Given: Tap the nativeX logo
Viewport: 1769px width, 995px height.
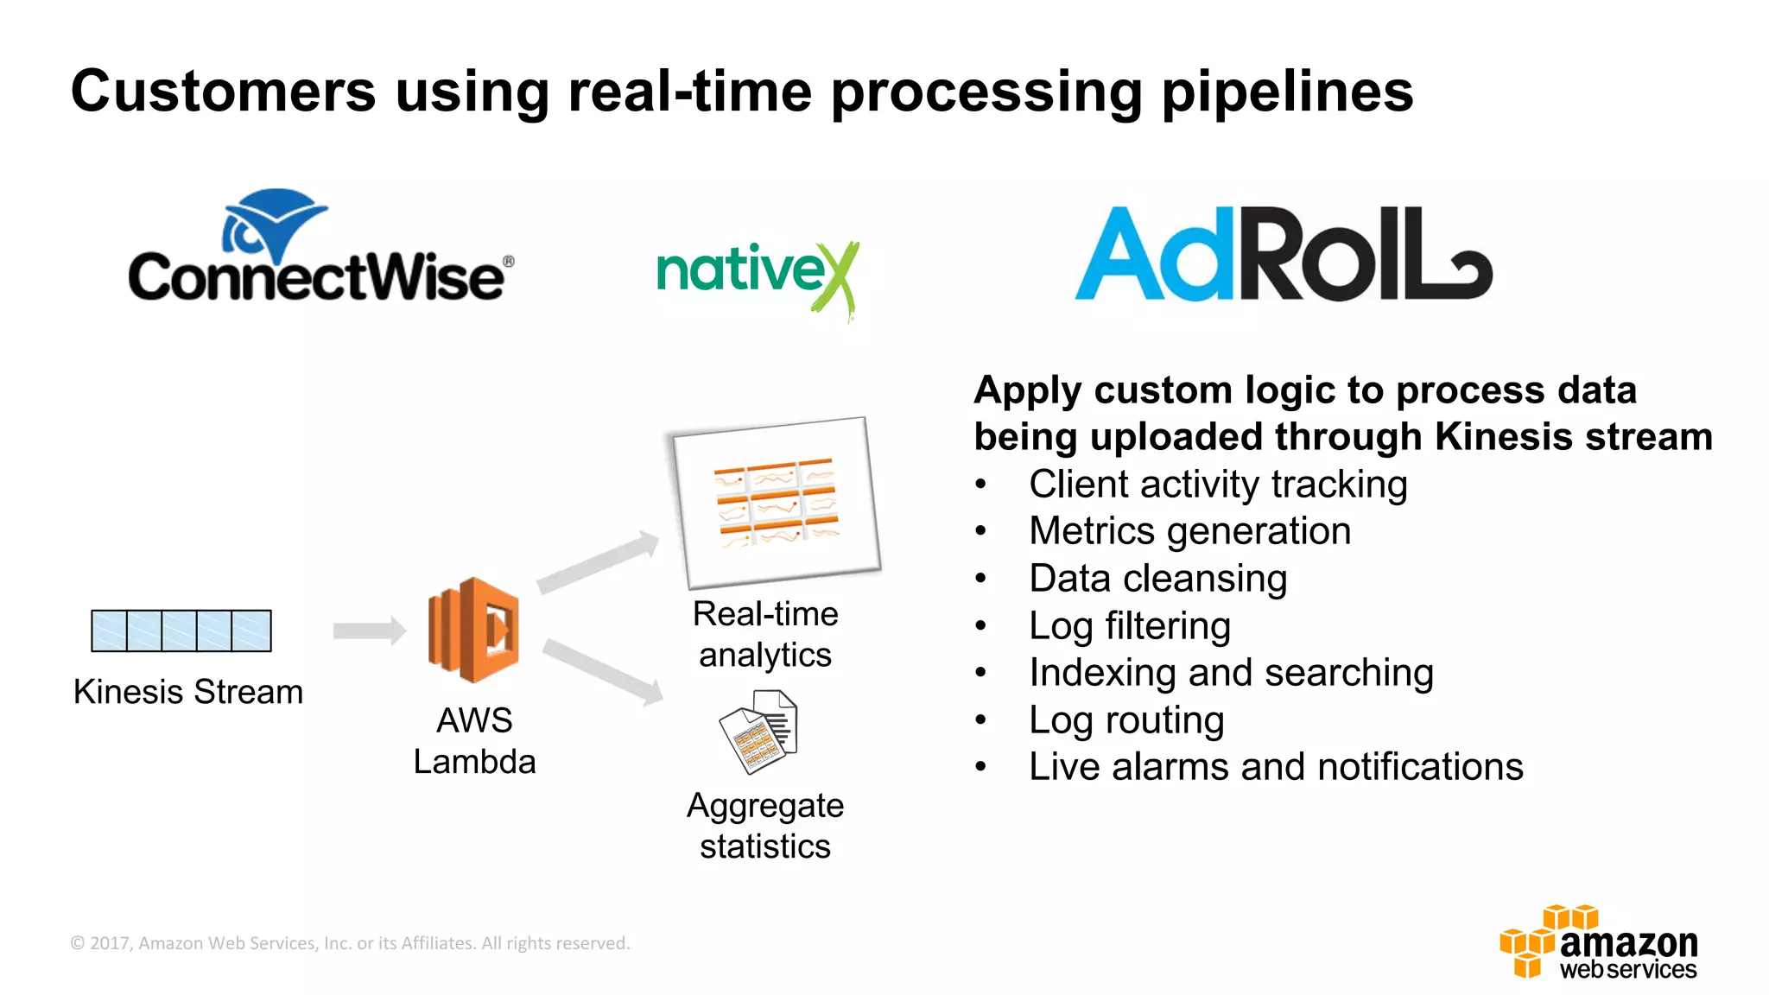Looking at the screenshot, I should [x=756, y=275].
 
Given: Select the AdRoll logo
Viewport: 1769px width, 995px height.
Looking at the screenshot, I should [x=1283, y=255].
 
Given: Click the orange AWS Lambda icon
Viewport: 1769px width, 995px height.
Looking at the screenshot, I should [x=473, y=630].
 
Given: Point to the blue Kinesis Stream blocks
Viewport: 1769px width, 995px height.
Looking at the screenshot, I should [x=181, y=631].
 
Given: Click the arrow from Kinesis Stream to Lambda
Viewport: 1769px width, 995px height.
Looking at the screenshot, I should [x=369, y=631].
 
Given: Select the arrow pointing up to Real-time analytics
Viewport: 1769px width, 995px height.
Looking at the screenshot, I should [x=598, y=562].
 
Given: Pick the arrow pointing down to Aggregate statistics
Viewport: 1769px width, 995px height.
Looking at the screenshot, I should [x=603, y=671].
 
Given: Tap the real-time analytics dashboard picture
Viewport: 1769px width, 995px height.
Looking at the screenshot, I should [x=777, y=502].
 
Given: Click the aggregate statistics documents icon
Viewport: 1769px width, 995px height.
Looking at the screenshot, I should [x=758, y=731].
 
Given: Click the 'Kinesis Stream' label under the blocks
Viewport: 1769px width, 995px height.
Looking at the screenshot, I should [x=188, y=692].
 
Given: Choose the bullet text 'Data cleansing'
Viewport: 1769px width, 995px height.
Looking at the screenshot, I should [x=1157, y=578].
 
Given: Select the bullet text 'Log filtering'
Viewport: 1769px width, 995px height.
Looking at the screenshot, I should [x=1130, y=625].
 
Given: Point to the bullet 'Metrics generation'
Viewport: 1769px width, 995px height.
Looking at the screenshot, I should [x=1189, y=530].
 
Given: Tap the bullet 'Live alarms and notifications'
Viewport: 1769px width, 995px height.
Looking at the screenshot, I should [x=1276, y=767].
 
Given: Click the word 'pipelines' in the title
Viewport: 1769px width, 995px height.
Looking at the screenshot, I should [x=1287, y=92].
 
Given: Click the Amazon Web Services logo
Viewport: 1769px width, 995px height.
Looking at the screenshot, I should [x=1599, y=943].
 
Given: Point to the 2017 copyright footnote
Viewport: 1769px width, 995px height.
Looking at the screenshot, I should [x=350, y=943].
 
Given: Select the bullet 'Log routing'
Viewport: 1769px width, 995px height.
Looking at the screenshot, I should [x=1126, y=719].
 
